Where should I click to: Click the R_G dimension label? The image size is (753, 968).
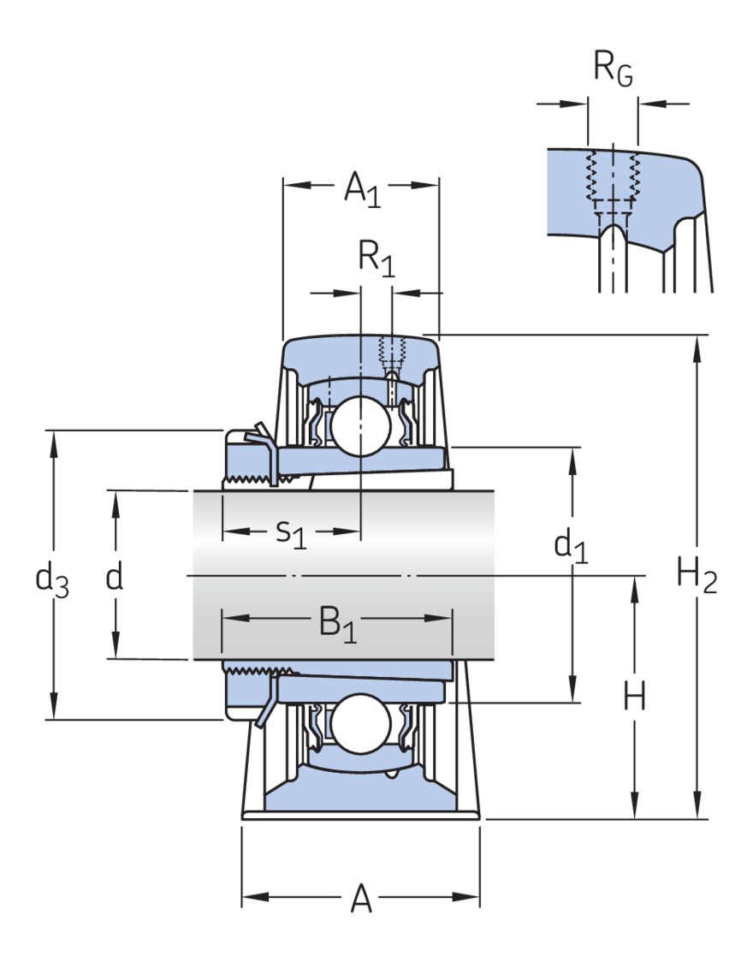coord(614,69)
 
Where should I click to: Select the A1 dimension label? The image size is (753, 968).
coord(361,188)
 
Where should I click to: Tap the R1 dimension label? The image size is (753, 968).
coord(376,258)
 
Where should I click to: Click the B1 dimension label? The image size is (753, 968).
coord(337,623)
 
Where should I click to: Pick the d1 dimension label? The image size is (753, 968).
coord(571,545)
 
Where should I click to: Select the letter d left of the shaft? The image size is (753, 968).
coord(115,578)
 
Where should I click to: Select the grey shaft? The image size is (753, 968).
coord(342,574)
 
